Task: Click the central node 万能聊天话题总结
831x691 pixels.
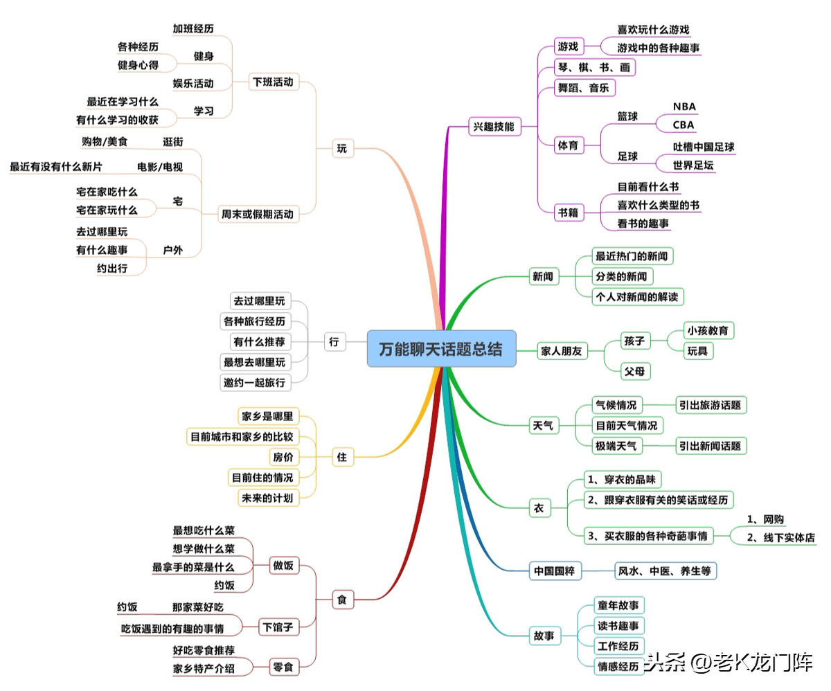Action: point(441,348)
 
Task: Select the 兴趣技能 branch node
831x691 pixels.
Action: point(494,127)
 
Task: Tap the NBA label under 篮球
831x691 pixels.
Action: point(684,107)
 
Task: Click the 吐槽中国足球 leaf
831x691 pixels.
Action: point(704,147)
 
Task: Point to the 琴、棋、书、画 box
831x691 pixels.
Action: point(593,68)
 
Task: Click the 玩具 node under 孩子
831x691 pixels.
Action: point(698,351)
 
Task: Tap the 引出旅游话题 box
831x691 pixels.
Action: point(712,405)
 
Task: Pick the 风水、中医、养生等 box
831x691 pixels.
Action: point(665,571)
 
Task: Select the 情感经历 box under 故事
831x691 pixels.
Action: point(618,666)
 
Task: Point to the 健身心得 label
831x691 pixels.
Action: point(138,65)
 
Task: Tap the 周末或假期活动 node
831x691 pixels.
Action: point(256,214)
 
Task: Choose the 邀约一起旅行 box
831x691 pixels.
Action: point(253,382)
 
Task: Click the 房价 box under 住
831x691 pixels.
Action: point(284,457)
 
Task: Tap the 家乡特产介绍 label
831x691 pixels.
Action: point(204,669)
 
